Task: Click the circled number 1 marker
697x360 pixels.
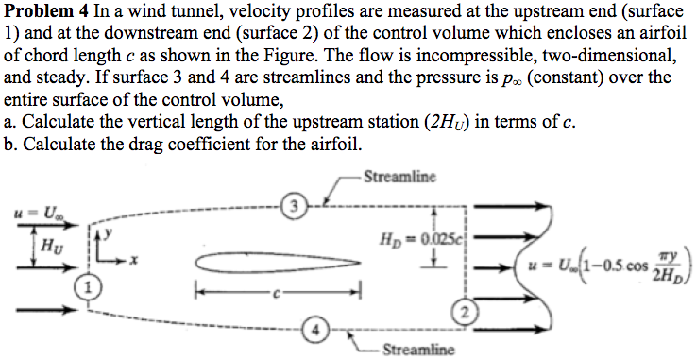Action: click(87, 285)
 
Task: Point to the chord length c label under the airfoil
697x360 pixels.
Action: click(279, 291)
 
